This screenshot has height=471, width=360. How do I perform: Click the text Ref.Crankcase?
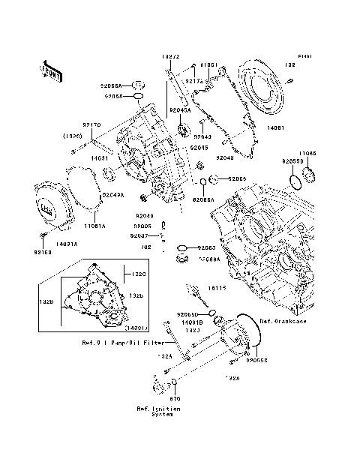click(x=282, y=321)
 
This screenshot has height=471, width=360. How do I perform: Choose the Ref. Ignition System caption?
click(x=157, y=412)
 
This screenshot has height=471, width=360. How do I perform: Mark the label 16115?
click(x=217, y=287)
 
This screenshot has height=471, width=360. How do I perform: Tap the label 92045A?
click(x=180, y=110)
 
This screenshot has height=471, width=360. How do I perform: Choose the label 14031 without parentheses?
click(x=102, y=158)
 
